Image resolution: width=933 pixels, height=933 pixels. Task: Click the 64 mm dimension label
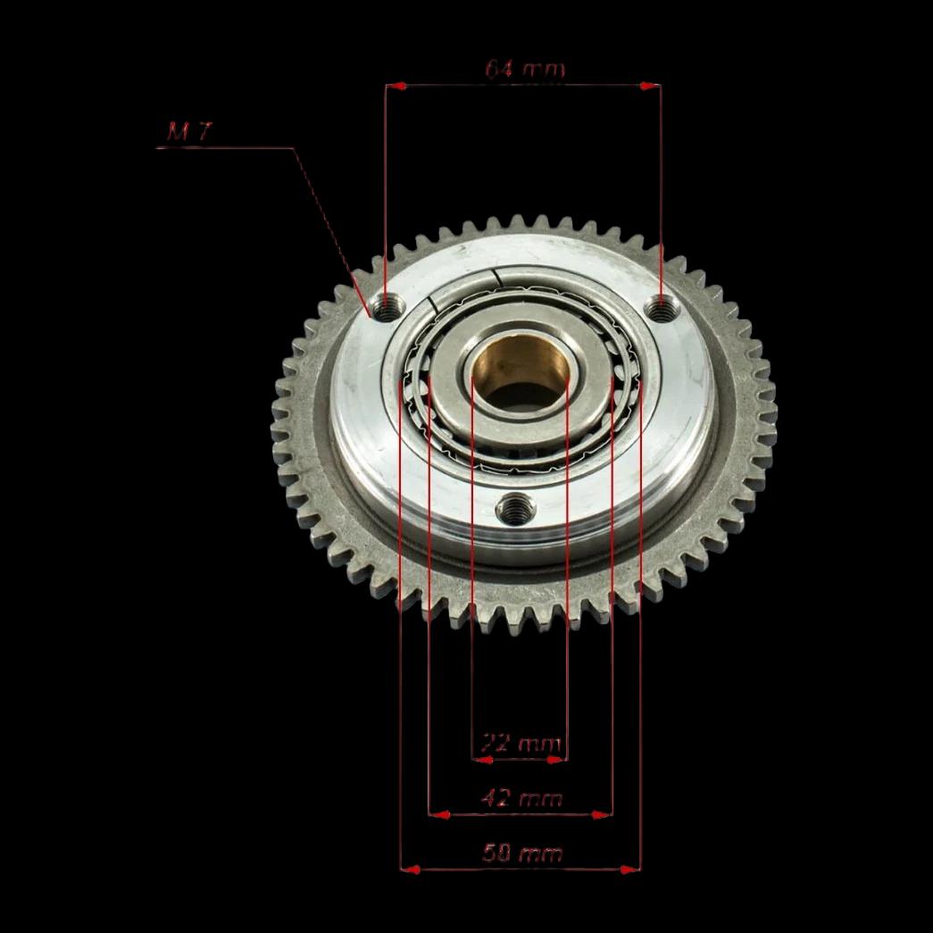(x=524, y=69)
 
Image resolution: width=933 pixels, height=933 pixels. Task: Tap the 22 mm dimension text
(x=521, y=744)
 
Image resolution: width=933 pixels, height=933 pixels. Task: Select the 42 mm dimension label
(x=521, y=798)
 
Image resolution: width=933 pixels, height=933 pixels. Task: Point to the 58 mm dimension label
(x=522, y=854)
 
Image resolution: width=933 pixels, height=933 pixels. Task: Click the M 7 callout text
(x=189, y=131)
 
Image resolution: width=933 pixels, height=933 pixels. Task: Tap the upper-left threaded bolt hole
(x=387, y=308)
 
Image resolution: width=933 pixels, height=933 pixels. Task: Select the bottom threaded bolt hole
(x=515, y=509)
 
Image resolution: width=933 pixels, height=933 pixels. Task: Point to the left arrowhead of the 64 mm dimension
(x=397, y=87)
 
